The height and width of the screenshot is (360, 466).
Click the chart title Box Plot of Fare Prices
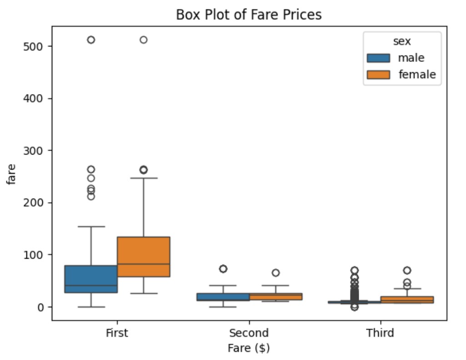point(249,15)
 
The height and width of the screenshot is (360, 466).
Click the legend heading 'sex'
point(402,41)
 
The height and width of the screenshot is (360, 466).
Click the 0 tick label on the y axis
point(41,307)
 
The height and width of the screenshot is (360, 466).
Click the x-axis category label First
point(117,333)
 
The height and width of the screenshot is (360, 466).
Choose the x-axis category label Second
point(249,333)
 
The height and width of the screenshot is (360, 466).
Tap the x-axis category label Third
point(380,333)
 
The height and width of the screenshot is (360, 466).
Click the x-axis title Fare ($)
point(249,348)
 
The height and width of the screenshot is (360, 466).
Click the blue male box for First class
point(91,279)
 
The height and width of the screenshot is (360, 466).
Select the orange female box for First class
point(143,256)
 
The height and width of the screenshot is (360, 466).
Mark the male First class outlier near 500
point(91,40)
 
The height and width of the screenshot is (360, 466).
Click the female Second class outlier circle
point(276,273)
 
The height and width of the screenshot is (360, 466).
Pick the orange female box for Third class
point(407,300)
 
